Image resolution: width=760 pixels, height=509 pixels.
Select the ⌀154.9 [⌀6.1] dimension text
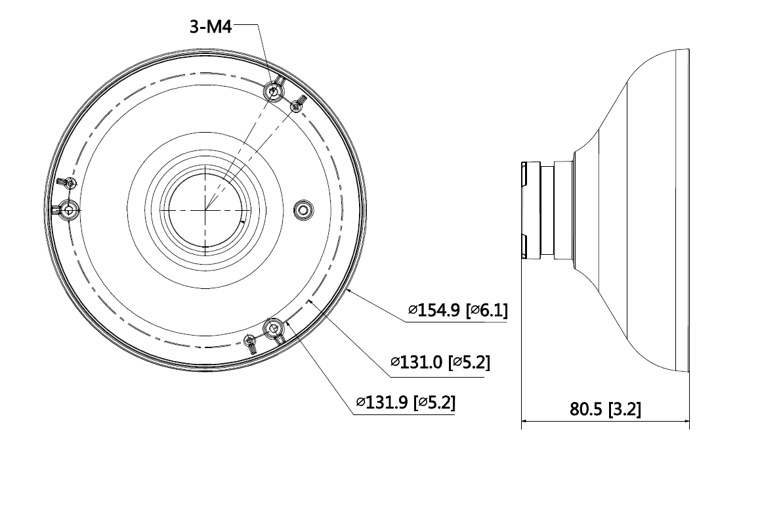click(457, 311)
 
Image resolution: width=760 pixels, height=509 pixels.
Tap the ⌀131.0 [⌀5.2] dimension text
click(440, 362)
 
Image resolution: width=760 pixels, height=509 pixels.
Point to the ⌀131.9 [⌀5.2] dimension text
click(405, 401)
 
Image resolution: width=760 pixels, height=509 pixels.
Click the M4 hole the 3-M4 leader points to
click(273, 91)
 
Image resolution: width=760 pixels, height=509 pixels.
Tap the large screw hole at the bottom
click(272, 327)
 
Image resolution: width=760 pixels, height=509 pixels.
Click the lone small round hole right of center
click(301, 210)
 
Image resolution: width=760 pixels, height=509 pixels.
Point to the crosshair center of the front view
click(205, 210)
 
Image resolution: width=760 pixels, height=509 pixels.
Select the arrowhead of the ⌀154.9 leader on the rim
click(348, 290)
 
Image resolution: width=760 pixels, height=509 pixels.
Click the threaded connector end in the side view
click(529, 208)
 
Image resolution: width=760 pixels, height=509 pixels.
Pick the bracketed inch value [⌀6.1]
click(486, 311)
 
